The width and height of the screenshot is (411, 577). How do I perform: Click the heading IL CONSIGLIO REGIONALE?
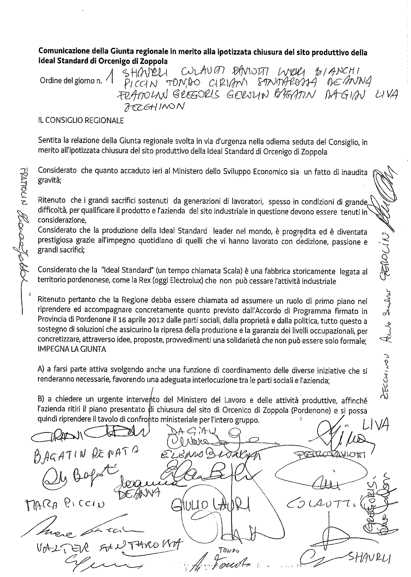(x=81, y=121)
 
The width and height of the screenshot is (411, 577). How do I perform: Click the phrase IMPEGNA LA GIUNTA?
(x=72, y=349)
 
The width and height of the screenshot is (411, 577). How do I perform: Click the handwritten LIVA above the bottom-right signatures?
(x=375, y=426)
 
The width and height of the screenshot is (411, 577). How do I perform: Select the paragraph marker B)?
(x=42, y=400)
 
